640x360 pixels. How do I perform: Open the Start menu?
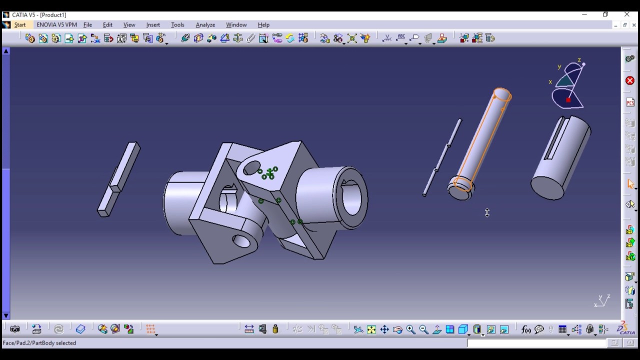point(20,25)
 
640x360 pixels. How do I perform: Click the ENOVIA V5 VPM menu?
point(56,25)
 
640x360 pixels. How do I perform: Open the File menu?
point(87,25)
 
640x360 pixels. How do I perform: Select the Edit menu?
point(107,25)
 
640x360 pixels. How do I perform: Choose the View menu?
point(129,25)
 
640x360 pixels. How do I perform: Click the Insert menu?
point(153,25)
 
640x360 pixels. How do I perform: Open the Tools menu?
point(177,25)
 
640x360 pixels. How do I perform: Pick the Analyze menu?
point(205,25)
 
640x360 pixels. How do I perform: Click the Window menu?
point(236,25)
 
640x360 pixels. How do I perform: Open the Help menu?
point(263,25)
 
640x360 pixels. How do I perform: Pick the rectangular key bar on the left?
point(119,178)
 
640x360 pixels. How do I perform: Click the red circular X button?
point(630,80)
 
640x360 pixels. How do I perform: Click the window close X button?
point(627,14)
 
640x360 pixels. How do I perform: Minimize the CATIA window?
point(584,14)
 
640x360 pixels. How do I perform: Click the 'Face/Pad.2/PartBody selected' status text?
point(39,343)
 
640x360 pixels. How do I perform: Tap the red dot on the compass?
point(568,100)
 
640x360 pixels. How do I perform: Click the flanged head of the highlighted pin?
point(460,189)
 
